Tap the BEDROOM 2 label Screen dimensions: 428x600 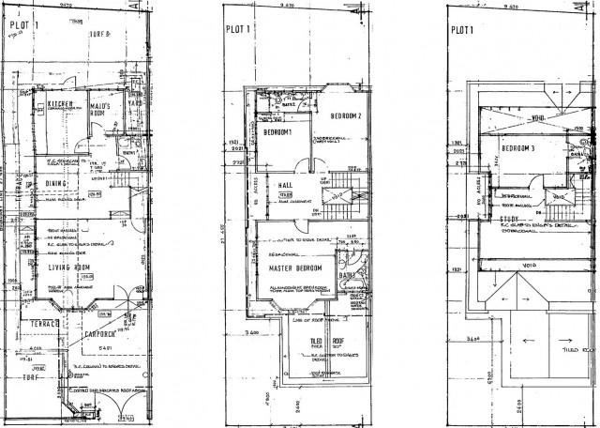pyautogui.click(x=345, y=116)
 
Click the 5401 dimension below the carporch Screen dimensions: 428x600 pyautogui.click(x=106, y=350)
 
